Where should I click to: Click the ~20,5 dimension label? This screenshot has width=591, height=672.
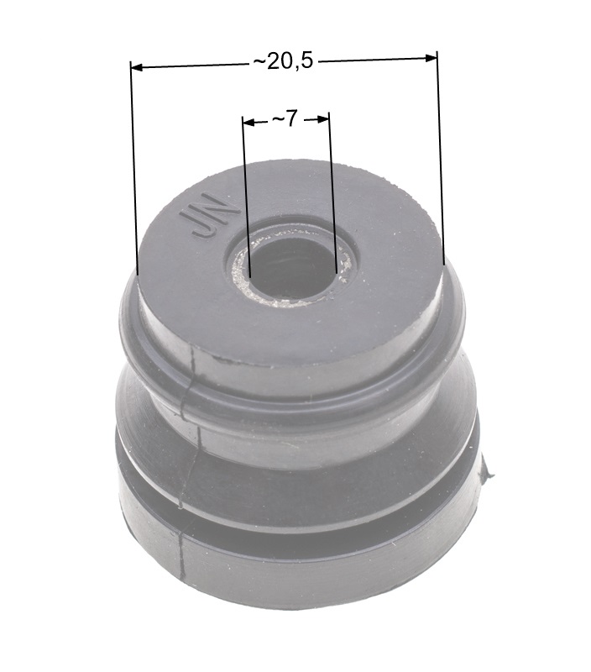click(283, 61)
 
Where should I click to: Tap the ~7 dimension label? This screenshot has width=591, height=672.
click(285, 118)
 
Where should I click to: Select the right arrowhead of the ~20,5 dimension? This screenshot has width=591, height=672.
click(431, 57)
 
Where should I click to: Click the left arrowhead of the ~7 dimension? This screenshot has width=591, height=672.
click(248, 123)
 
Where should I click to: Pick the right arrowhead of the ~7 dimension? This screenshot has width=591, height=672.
click(322, 120)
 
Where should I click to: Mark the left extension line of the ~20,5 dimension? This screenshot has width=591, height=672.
click(134, 167)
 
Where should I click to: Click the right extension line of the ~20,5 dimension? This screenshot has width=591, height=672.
click(440, 158)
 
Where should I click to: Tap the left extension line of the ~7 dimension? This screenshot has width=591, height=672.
click(245, 197)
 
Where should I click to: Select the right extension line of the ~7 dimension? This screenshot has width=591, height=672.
click(332, 192)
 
